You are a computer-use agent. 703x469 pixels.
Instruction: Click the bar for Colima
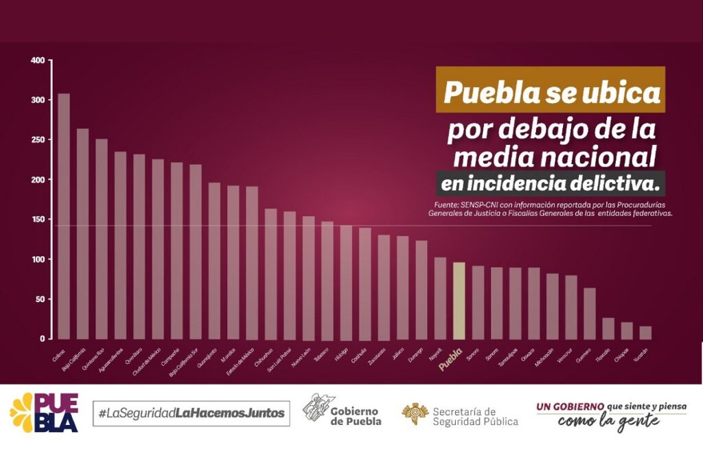pyautogui.click(x=64, y=216)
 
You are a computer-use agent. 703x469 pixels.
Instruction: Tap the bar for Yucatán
pyautogui.click(x=645, y=332)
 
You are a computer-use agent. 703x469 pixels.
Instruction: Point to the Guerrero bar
pyautogui.click(x=589, y=313)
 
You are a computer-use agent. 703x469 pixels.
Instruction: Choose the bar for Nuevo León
pyautogui.click(x=308, y=277)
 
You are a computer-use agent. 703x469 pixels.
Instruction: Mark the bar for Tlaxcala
pyautogui.click(x=608, y=328)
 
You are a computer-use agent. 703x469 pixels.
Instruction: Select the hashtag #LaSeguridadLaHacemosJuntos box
pyautogui.click(x=191, y=413)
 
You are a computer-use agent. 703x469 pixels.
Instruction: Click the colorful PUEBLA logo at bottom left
pyautogui.click(x=44, y=413)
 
